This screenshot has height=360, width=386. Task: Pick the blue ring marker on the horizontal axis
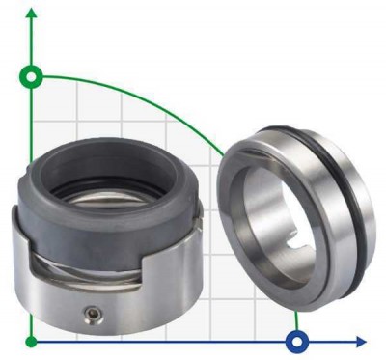click(297, 341)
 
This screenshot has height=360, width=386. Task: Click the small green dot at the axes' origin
click(32, 341)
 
